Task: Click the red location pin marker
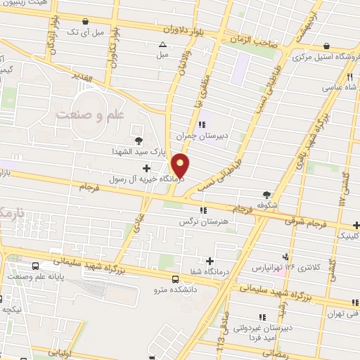click(x=181, y=165)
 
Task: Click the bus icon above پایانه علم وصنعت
click(x=35, y=266)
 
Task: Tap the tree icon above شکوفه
click(x=266, y=195)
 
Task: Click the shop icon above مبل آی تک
click(x=86, y=22)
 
